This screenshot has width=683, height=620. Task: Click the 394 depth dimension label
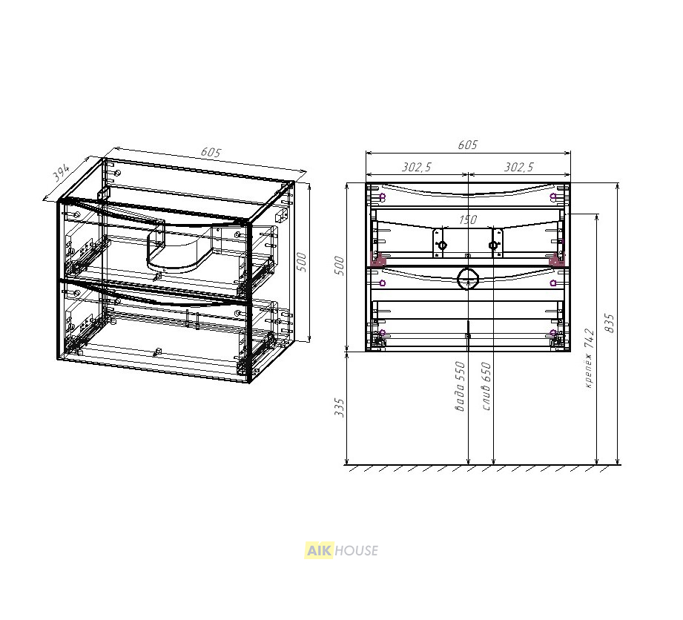(61, 173)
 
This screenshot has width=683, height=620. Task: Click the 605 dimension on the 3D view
(211, 153)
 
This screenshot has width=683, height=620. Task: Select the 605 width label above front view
(467, 145)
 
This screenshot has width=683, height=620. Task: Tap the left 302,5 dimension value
(417, 167)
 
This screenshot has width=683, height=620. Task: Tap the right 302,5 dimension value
(519, 167)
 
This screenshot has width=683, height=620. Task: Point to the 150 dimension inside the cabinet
(467, 220)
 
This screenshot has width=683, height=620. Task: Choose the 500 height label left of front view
(339, 266)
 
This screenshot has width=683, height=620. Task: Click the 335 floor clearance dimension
(339, 407)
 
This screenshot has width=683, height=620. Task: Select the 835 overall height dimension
(610, 323)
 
